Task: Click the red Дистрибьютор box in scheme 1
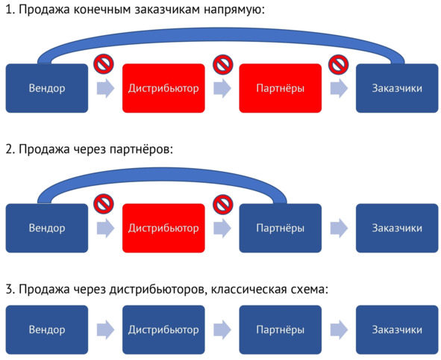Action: coord(163,88)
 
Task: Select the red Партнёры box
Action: coord(280,88)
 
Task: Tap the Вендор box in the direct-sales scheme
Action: coord(47,88)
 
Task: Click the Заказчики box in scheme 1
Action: coord(397,88)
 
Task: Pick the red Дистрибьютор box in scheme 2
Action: coord(163,228)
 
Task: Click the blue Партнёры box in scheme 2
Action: coord(280,228)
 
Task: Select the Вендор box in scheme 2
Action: coord(47,228)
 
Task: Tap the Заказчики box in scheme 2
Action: coord(397,228)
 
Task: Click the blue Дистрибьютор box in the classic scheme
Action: coord(163,329)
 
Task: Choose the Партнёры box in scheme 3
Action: coord(280,329)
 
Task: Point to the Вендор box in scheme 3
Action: coord(47,329)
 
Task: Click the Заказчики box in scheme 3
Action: coord(397,329)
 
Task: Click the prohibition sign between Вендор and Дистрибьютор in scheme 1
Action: coord(104,64)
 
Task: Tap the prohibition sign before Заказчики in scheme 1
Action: coord(338,64)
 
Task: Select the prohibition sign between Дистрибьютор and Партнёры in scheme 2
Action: coord(223,204)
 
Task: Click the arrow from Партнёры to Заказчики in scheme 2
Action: coord(339,228)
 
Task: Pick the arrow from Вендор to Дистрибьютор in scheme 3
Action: coord(105,329)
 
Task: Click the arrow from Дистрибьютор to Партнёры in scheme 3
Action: coord(222,329)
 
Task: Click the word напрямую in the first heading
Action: coord(234,10)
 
